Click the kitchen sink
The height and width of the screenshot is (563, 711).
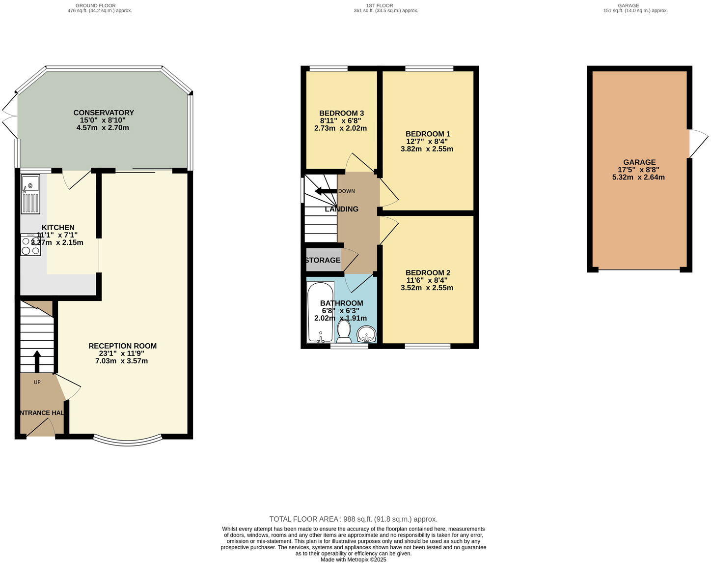tap(30, 194)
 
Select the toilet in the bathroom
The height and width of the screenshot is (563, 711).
tap(344, 332)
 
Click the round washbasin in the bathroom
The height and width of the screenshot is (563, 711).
tap(366, 335)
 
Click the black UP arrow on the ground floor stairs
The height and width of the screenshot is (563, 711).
tap(37, 361)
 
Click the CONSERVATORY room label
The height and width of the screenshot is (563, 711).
tap(104, 113)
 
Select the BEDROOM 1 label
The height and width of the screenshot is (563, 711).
tap(428, 134)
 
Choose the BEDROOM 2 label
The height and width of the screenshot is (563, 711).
tap(428, 273)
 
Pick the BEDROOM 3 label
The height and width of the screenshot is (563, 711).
tap(341, 113)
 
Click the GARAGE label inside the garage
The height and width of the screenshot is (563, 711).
tap(639, 162)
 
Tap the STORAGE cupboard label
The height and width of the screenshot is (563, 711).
tap(323, 260)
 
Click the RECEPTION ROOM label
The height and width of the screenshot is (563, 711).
tap(122, 346)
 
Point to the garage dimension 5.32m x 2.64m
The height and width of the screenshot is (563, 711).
tap(638, 177)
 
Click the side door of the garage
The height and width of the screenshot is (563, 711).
tap(697, 144)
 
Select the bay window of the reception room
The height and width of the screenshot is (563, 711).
tap(127, 441)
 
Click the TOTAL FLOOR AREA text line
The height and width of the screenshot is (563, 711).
tap(353, 519)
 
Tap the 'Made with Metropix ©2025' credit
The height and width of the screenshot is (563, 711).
tap(353, 560)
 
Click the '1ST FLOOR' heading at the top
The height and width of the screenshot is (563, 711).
tap(385, 5)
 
